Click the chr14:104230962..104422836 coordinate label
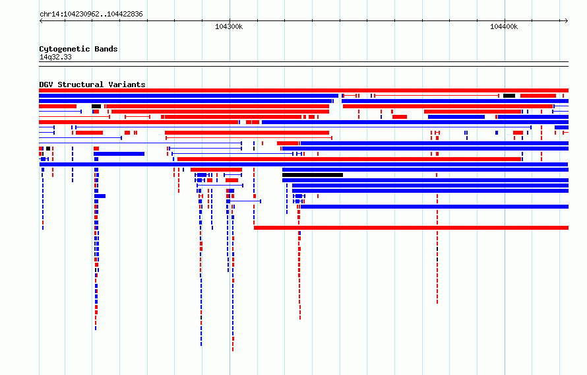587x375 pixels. (91, 15)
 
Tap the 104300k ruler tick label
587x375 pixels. (229, 26)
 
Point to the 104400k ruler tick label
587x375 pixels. (504, 26)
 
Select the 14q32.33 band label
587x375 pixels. (55, 57)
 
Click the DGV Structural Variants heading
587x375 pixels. (92, 85)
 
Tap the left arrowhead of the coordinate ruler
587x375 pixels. (41, 21)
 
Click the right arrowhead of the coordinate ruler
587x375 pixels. (567, 21)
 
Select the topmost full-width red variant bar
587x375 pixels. (303, 90)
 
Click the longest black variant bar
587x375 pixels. (313, 175)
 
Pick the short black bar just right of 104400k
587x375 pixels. (509, 96)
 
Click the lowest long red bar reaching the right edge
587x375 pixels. (411, 228)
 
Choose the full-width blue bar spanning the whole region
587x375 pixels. (303, 164)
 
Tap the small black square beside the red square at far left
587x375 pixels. (48, 149)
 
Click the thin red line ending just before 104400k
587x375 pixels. (437, 96)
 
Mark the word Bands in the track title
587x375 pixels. (106, 49)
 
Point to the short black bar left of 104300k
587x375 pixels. (96, 106)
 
